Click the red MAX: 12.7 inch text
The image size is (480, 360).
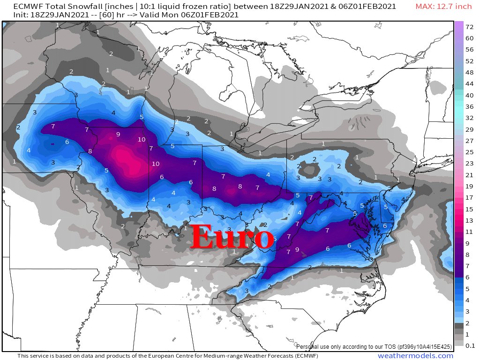pos(443,7)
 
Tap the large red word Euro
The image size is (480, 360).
pos(232,237)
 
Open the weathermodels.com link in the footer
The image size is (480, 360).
pos(415,356)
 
